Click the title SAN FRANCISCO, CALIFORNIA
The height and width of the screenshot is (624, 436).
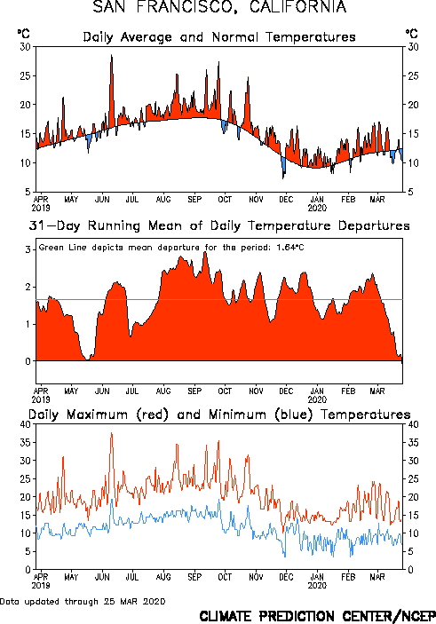click(x=219, y=7)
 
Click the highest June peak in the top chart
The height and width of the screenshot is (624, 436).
click(x=112, y=55)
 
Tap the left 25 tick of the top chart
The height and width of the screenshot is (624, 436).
click(x=25, y=75)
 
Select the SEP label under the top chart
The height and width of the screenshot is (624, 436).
click(x=194, y=199)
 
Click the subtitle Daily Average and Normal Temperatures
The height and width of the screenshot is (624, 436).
click(x=219, y=37)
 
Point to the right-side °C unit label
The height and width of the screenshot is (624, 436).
click(x=412, y=34)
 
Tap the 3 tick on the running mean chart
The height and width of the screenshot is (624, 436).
click(x=28, y=250)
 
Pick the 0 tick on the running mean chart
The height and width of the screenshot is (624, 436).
click(x=28, y=361)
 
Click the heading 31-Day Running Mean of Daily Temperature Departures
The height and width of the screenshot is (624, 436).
click(x=219, y=225)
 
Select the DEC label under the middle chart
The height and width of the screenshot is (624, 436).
click(x=286, y=391)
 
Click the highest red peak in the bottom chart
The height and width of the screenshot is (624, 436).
click(x=112, y=433)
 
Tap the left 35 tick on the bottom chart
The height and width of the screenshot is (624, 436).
click(x=25, y=443)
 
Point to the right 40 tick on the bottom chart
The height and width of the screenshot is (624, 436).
click(x=413, y=424)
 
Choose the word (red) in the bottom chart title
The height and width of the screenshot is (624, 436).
click(x=153, y=415)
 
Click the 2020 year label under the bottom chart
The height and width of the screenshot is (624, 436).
click(x=317, y=586)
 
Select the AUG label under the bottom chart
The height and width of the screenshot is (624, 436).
click(x=163, y=577)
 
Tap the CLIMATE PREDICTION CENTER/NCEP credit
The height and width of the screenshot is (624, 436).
click(x=317, y=616)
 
